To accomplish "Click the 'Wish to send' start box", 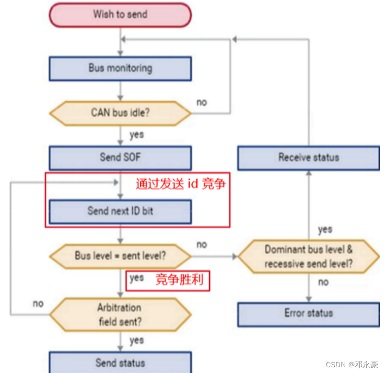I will tap(120, 14).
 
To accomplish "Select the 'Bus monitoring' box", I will tap(120, 68).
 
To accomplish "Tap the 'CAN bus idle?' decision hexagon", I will tap(120, 112).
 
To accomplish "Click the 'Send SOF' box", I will tap(120, 157).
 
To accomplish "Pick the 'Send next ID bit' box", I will tap(120, 211).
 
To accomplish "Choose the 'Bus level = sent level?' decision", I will tap(120, 256).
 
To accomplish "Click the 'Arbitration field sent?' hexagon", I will tap(120, 315).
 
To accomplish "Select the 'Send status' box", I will tap(120, 363).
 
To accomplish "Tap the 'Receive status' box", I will tap(308, 157).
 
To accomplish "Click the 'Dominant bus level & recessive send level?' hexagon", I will tap(308, 256).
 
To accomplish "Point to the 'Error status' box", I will tap(308, 313).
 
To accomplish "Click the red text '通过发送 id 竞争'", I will tap(180, 184).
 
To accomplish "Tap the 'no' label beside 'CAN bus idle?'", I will tap(202, 102).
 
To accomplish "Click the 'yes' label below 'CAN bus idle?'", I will tap(136, 135).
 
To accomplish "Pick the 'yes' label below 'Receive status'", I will tap(325, 229).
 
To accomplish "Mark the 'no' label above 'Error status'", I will tap(323, 282).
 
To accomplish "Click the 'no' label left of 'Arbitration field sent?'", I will tap(38, 304).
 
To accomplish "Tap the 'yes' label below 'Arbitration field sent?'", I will tap(136, 340).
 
